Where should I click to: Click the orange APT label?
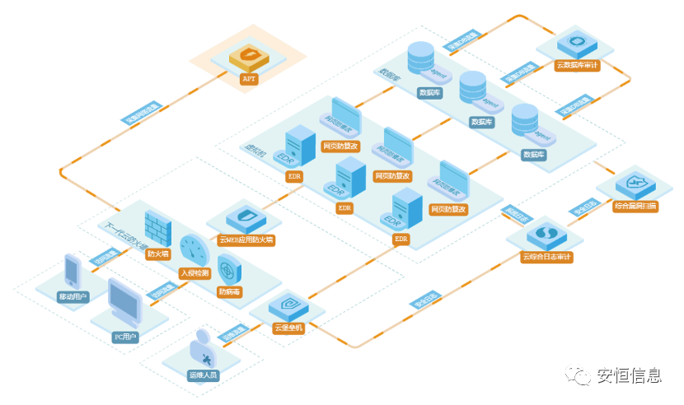(x=248, y=80)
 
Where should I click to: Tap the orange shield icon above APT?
(x=247, y=58)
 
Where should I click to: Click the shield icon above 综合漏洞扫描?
(x=635, y=183)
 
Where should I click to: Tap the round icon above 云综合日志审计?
(x=545, y=235)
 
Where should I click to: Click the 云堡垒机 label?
(x=288, y=328)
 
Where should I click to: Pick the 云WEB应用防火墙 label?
(x=246, y=240)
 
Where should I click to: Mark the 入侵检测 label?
(x=194, y=272)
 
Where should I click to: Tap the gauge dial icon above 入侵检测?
(x=194, y=250)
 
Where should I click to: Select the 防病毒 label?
(x=229, y=291)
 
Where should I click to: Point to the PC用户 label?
(x=124, y=337)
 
